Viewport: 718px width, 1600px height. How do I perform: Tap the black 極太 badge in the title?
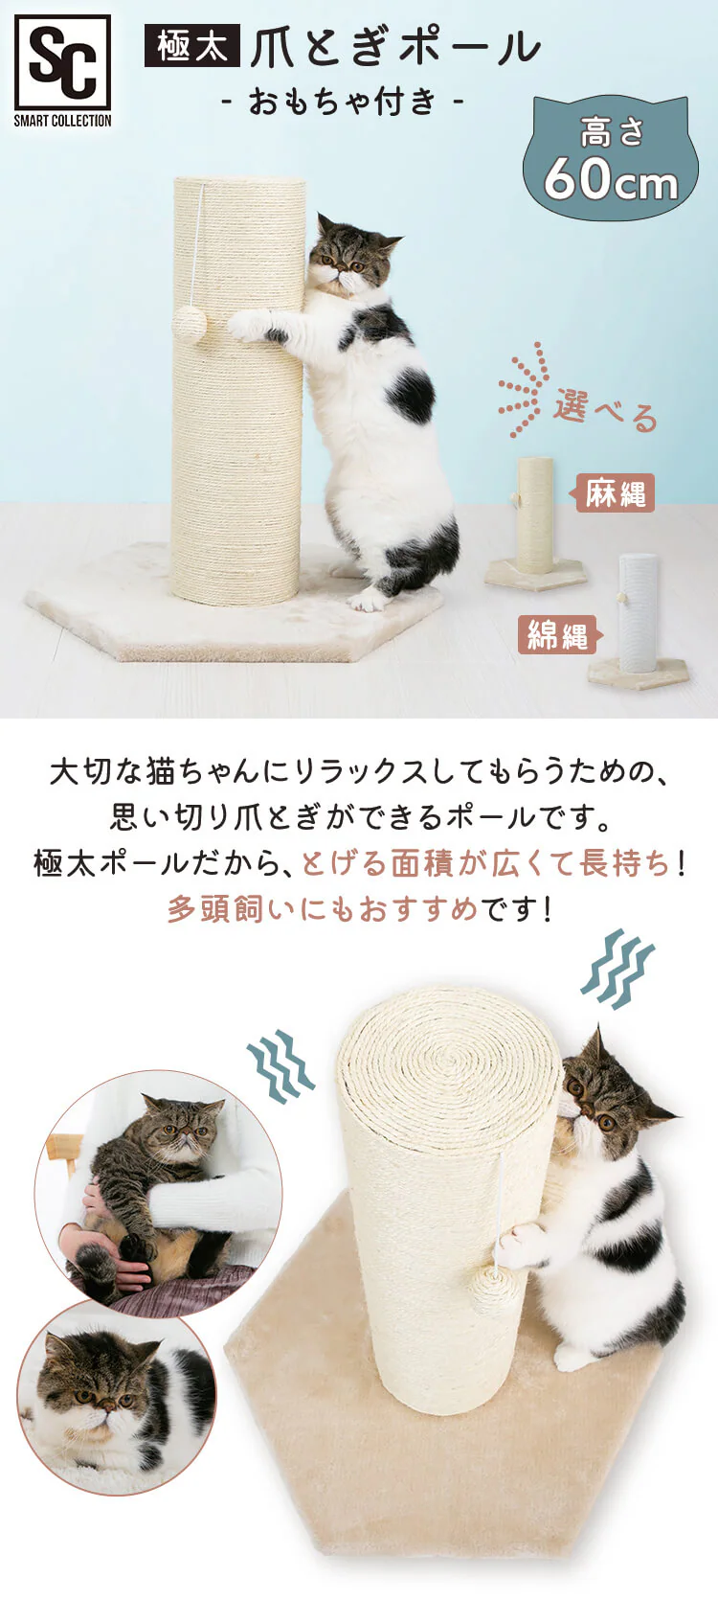(x=191, y=46)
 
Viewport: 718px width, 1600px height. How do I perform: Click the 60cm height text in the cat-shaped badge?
(x=611, y=178)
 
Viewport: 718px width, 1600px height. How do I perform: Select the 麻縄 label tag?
(x=616, y=493)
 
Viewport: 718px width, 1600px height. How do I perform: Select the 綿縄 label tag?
(x=558, y=634)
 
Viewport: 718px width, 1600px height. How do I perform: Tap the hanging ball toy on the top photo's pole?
(x=190, y=324)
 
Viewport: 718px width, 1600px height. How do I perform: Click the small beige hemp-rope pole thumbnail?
(x=535, y=517)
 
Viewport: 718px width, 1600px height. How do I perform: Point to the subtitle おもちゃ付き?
(x=343, y=101)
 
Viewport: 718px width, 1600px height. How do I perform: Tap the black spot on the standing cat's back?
(x=412, y=394)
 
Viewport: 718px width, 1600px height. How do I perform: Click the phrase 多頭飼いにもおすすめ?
(x=324, y=908)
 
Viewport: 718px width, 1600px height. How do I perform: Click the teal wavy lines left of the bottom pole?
(x=280, y=1064)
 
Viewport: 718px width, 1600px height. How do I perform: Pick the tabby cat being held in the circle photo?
(x=153, y=1178)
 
